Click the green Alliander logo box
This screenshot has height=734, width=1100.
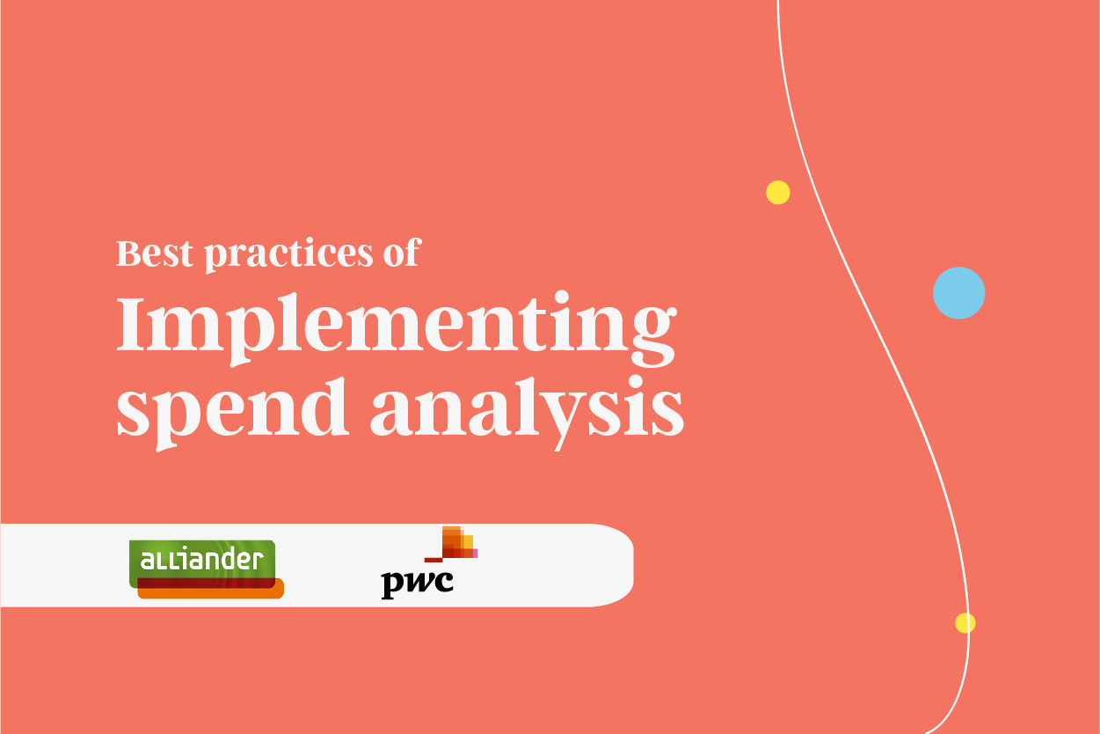coord(202,562)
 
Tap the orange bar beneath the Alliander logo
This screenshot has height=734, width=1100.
coord(211,592)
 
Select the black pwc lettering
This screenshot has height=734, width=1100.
coord(417,584)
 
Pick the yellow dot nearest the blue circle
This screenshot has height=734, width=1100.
coord(777,193)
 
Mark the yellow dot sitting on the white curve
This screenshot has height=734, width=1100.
coord(965,623)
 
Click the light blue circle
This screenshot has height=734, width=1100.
coord(958,293)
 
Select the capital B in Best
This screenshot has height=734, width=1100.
coord(129,253)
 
